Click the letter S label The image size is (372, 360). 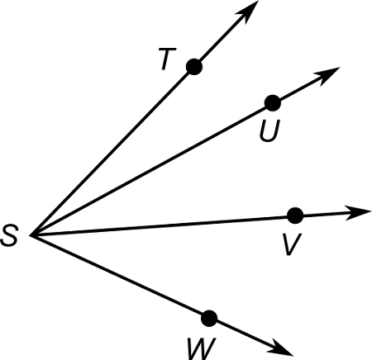coord(11,238)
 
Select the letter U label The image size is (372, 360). coord(267,130)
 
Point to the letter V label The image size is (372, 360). coord(289,244)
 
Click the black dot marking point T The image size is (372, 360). coord(194,67)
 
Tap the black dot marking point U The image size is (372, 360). coord(272,103)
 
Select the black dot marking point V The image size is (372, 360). coord(295,216)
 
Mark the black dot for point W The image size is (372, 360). coord(209,318)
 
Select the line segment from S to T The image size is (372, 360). coord(113,152)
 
